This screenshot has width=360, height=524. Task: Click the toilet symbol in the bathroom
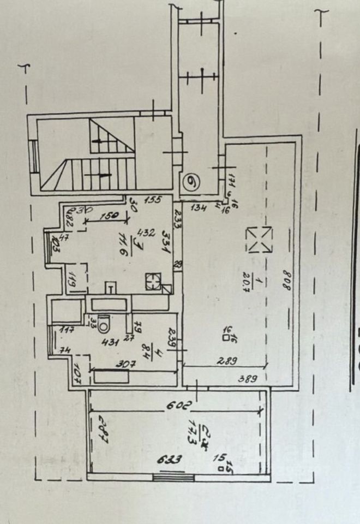(104, 322)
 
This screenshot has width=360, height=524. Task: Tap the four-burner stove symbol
(153, 281)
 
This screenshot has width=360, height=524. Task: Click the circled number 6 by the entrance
(190, 181)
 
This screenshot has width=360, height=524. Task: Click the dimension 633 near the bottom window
(170, 460)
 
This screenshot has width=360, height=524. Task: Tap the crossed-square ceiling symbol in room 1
(259, 240)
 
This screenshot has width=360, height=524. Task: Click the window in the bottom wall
(173, 477)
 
